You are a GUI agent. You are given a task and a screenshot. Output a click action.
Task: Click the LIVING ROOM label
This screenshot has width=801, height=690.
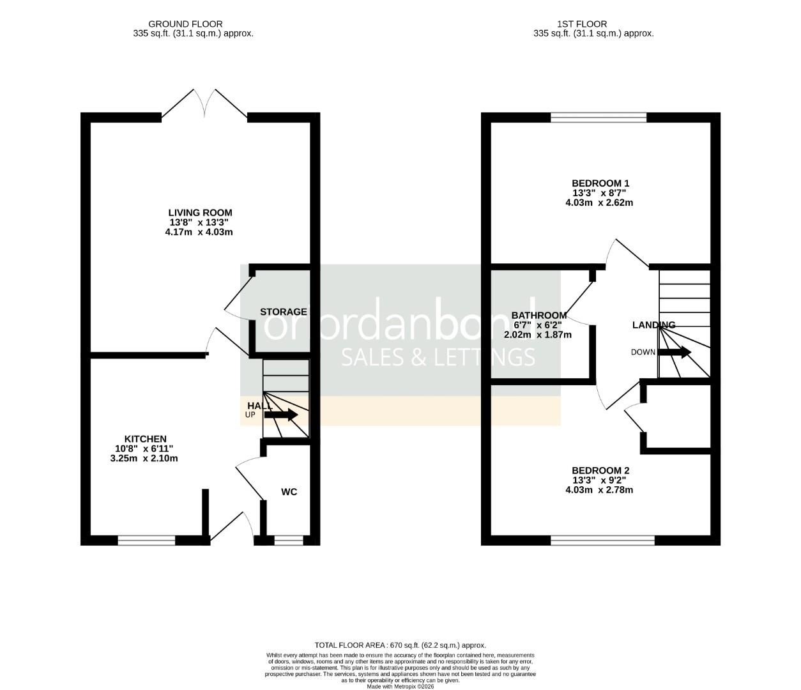click(200, 213)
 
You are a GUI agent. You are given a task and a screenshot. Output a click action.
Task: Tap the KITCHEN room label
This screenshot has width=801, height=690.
click(145, 439)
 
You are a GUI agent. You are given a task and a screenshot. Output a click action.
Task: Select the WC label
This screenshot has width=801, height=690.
click(289, 492)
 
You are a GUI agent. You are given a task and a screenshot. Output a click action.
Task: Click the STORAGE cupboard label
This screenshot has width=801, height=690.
click(283, 312)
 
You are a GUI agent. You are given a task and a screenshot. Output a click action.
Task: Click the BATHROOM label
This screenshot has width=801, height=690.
click(538, 316)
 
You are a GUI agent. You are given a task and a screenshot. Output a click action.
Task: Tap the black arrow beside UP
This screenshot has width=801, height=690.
click(281, 415)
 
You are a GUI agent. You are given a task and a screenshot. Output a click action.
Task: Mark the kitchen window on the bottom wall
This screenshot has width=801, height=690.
click(146, 540)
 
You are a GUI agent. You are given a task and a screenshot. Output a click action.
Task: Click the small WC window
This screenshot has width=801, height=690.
click(288, 540)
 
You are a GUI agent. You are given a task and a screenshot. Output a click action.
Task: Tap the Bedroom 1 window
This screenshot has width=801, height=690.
click(599, 117)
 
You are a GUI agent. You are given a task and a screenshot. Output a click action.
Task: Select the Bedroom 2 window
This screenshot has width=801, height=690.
click(602, 540)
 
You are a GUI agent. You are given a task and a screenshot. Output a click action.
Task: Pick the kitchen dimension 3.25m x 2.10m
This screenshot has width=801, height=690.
click(144, 458)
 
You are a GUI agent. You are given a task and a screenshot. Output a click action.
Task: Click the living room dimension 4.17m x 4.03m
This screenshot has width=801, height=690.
click(199, 232)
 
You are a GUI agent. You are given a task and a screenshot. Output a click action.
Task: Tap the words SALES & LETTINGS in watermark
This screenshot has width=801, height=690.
click(438, 357)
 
